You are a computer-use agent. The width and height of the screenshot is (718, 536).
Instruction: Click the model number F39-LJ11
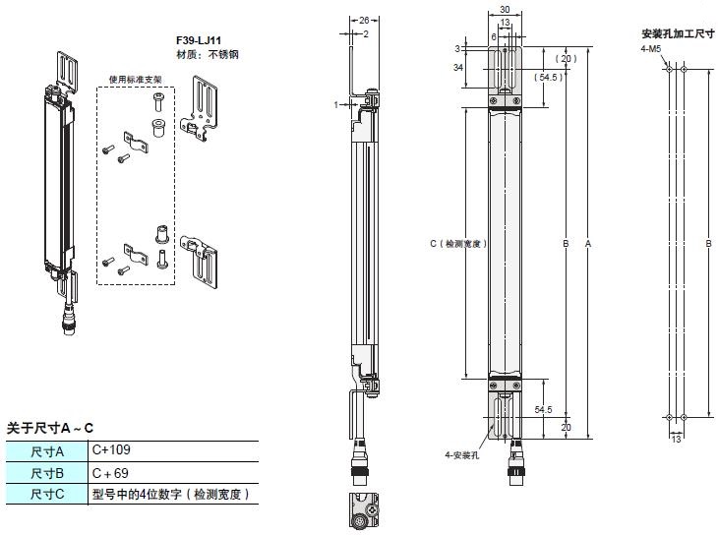(197, 41)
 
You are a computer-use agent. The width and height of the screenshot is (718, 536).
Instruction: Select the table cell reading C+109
(111, 450)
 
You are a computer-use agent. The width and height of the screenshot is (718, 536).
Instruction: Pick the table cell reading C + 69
(111, 472)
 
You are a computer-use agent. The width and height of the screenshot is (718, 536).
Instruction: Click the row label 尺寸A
(46, 451)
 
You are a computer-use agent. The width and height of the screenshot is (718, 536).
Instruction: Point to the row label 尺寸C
(46, 494)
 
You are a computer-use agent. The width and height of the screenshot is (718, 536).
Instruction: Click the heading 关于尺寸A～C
(50, 428)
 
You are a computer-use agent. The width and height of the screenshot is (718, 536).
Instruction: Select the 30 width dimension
(505, 13)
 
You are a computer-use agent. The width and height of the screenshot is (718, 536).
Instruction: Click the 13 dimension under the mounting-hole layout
(675, 439)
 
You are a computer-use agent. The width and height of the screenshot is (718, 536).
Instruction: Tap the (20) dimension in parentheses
(568, 58)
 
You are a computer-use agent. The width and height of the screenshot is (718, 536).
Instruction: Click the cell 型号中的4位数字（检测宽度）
(171, 494)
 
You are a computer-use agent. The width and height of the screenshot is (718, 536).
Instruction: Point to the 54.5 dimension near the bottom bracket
(542, 409)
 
